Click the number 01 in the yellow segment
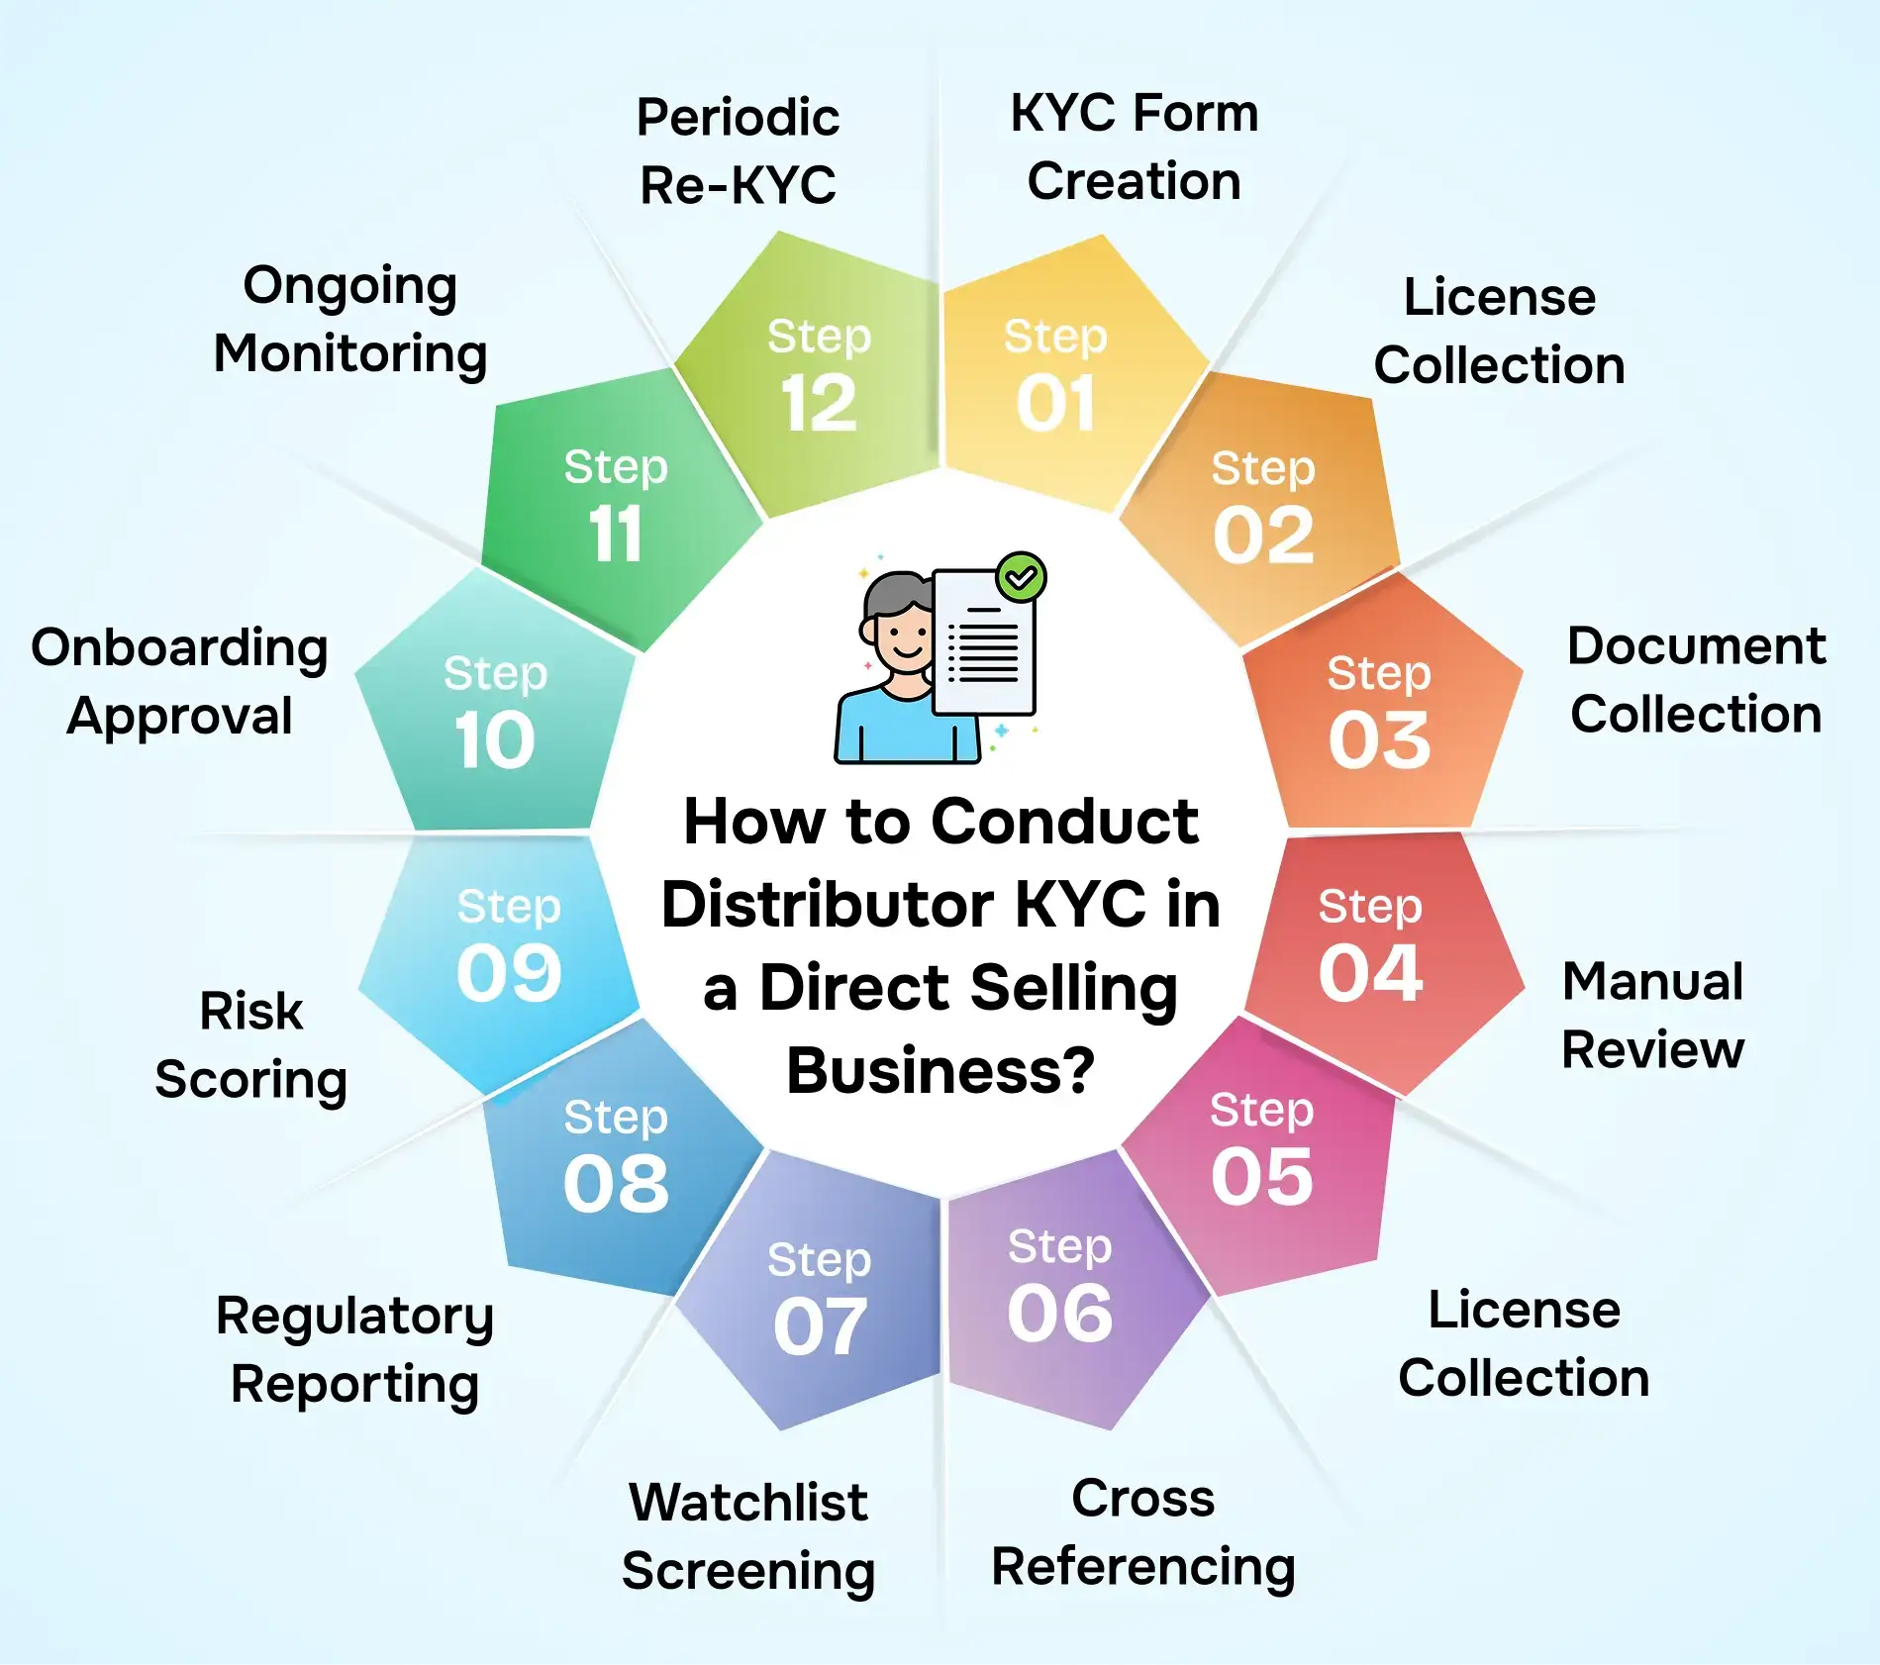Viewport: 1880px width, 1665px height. click(x=1055, y=404)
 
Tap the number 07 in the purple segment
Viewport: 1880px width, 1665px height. click(x=820, y=1326)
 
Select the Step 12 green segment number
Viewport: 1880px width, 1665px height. click(x=819, y=404)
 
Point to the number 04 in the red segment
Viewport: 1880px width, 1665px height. click(x=1371, y=973)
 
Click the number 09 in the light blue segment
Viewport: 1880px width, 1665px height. click(x=509, y=972)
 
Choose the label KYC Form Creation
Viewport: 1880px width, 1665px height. click(x=1134, y=147)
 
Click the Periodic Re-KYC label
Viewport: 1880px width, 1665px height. click(x=738, y=150)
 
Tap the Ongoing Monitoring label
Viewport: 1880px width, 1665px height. click(x=350, y=319)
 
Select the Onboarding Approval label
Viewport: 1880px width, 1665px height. click(x=179, y=681)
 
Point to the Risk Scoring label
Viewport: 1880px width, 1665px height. click(x=251, y=1044)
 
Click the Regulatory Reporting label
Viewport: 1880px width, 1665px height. click(x=354, y=1349)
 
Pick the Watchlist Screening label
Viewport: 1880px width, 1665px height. click(x=748, y=1536)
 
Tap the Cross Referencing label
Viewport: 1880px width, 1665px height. click(x=1143, y=1532)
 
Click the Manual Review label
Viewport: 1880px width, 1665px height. click(x=1652, y=1015)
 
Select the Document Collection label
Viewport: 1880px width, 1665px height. click(x=1696, y=680)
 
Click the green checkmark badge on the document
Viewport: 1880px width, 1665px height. click(x=1021, y=577)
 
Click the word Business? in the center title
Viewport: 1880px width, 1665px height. click(x=940, y=1071)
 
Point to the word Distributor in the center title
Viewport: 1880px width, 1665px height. click(x=827, y=905)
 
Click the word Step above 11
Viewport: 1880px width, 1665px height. click(x=616, y=467)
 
